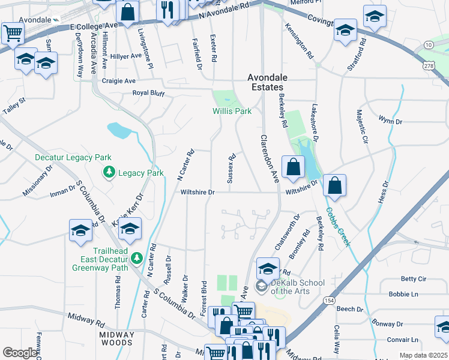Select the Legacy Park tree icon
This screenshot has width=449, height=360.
[109, 173]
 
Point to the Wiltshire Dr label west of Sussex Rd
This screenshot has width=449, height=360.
[197, 193]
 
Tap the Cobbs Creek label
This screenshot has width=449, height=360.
[338, 227]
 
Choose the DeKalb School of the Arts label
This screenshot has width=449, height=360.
[297, 287]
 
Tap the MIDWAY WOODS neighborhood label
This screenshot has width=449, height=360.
[116, 338]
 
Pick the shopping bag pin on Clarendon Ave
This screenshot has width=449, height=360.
[292, 168]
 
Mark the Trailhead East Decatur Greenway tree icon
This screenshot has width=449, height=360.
[136, 258]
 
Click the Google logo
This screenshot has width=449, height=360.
[20, 353]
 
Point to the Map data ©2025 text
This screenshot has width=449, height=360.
[423, 355]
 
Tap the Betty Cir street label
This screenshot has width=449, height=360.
[414, 279]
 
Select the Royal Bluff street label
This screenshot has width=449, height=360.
[148, 94]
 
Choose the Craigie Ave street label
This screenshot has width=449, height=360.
[119, 80]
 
